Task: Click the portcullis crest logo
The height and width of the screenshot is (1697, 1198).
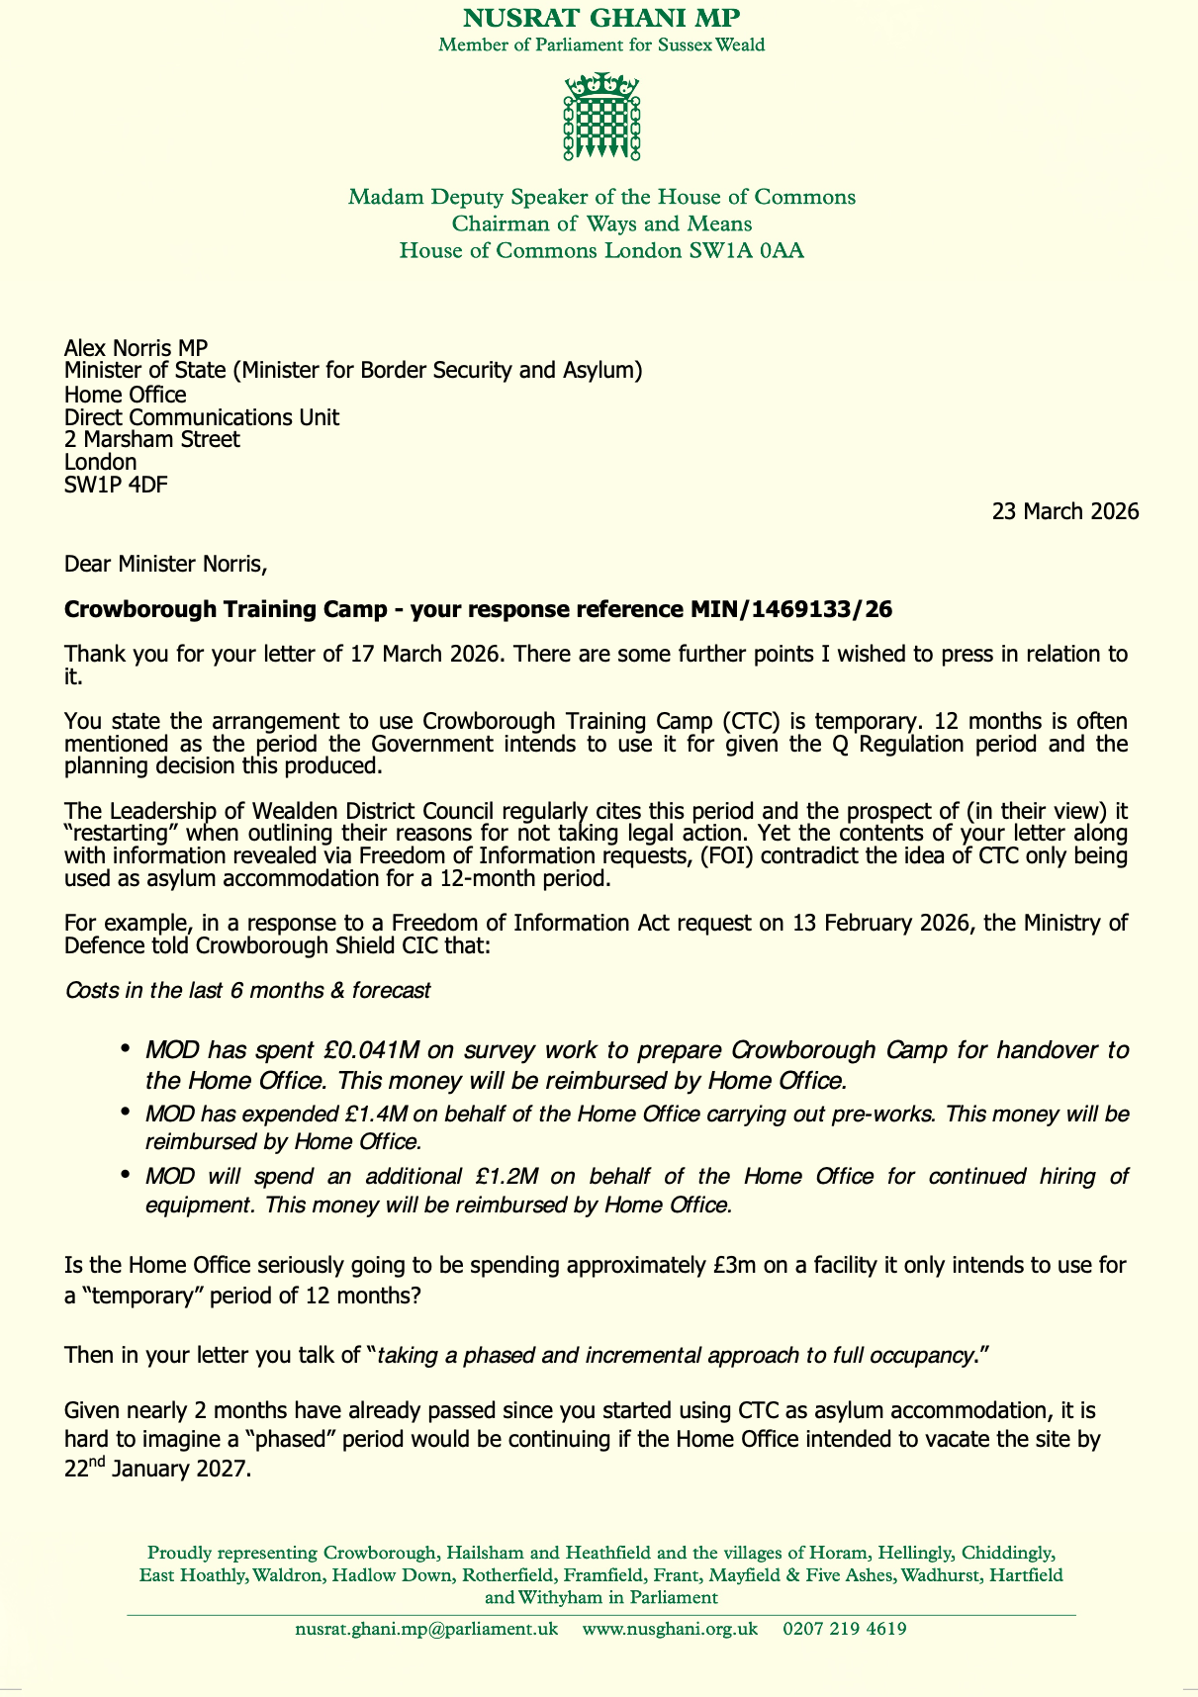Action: [601, 117]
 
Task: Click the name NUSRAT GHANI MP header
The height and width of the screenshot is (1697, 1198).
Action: [601, 18]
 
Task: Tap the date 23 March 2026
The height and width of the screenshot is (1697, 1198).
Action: [1065, 511]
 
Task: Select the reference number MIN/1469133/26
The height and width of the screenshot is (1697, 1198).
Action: [790, 609]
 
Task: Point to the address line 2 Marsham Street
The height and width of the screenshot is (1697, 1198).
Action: [151, 439]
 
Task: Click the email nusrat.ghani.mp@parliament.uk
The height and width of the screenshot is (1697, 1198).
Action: [426, 1629]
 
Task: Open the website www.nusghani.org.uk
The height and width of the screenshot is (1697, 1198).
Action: [670, 1629]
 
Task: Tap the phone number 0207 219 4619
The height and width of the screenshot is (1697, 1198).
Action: [845, 1629]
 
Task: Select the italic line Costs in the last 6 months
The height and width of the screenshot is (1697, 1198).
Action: [247, 990]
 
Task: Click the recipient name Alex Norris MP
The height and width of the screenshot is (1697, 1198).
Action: [136, 347]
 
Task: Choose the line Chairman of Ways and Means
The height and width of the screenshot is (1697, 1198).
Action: [601, 223]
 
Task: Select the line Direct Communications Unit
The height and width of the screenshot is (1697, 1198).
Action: [202, 416]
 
